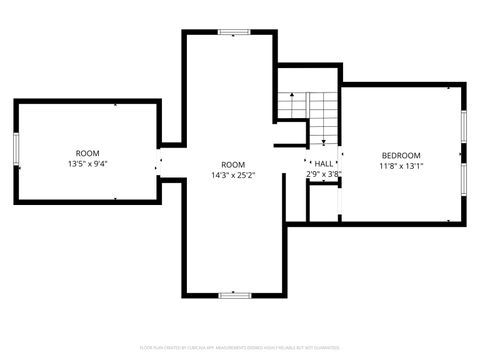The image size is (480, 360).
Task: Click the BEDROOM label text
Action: (x=400, y=155)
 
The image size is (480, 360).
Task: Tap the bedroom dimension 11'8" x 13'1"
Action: (x=400, y=167)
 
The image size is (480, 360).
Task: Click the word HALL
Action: (x=324, y=163)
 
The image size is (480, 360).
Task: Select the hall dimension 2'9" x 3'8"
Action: (x=324, y=174)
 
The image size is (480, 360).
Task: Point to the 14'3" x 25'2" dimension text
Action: (x=233, y=175)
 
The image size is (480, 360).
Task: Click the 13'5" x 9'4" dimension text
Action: (x=88, y=163)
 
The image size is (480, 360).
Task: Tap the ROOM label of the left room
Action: (x=88, y=153)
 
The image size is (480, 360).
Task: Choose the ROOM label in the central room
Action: (x=233, y=164)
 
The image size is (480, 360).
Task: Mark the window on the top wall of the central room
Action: (x=233, y=32)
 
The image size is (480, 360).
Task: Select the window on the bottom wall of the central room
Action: (x=233, y=295)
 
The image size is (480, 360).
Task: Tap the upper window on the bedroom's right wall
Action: (x=463, y=128)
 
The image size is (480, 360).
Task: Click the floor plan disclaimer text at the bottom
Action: (x=240, y=347)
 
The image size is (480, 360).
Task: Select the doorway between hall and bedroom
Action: (x=340, y=163)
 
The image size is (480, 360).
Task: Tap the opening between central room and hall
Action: (x=306, y=163)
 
